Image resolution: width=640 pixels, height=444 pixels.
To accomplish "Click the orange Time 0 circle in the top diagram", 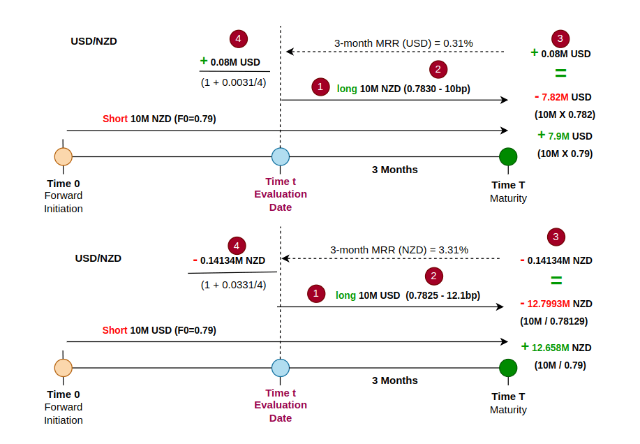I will pos(64,156).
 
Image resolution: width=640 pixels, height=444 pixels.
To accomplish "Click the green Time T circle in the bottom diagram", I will pos(508,368).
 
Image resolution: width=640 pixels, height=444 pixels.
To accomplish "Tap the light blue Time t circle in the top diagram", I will pos(281,156).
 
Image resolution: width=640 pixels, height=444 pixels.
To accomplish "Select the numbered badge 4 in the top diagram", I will pos(239,39).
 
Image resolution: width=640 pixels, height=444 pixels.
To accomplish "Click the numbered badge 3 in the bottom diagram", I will pos(556,237).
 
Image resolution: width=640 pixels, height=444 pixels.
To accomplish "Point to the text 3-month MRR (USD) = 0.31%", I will pos(403,43).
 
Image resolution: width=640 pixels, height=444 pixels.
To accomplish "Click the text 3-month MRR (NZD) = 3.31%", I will pos(399,249).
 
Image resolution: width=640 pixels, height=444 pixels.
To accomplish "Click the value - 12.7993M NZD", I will pos(556,304).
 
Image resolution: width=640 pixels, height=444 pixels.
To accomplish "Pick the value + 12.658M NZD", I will pos(556,347).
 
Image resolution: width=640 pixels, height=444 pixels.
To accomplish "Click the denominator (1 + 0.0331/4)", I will pos(234,285).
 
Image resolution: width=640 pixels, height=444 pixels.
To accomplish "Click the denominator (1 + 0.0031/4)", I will pos(234,82).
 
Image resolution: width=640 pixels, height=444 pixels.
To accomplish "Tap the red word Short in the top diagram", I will pos(115,119).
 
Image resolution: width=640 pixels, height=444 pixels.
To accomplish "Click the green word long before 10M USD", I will pos(345,295).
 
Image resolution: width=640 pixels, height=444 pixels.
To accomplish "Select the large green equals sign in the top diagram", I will pos(560,73).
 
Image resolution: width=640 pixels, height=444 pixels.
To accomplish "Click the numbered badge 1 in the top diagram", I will pos(320,87).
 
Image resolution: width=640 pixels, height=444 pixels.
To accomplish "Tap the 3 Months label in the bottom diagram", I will pos(394,380).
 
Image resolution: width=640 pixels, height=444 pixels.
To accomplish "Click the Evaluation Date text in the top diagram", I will pos(281,200).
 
